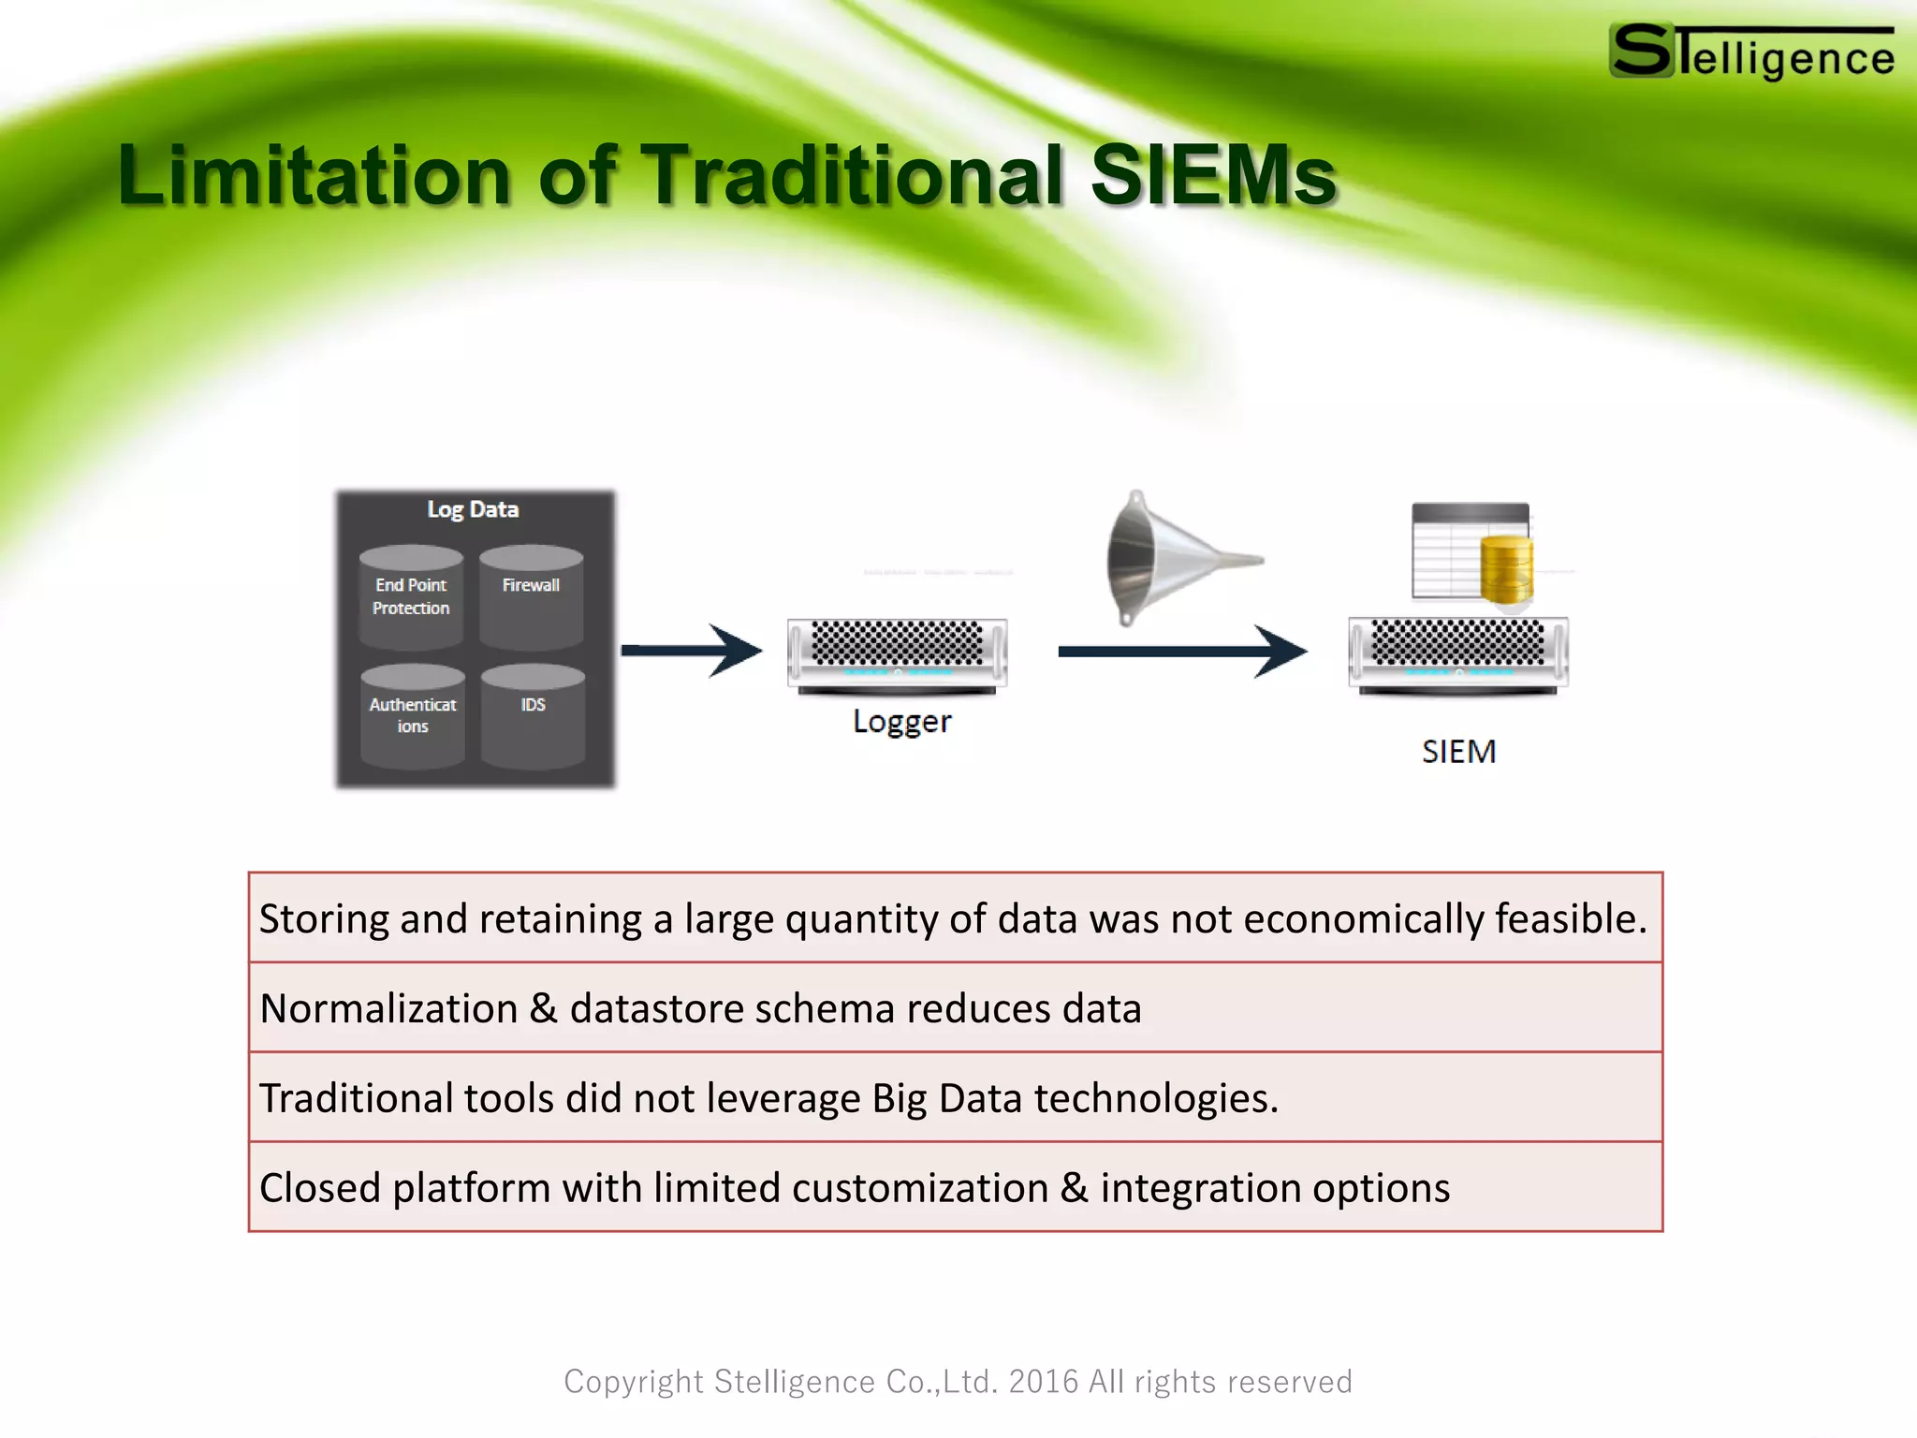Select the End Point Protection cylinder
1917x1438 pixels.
411,597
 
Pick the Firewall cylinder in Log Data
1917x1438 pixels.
531,597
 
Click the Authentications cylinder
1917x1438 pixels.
413,716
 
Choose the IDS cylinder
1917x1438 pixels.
533,716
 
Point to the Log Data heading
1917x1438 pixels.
473,509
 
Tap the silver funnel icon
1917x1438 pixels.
1170,558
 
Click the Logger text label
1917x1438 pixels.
901,722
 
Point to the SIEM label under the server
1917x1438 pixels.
1458,752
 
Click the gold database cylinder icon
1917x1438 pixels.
1506,570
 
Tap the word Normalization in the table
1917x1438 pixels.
388,1008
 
